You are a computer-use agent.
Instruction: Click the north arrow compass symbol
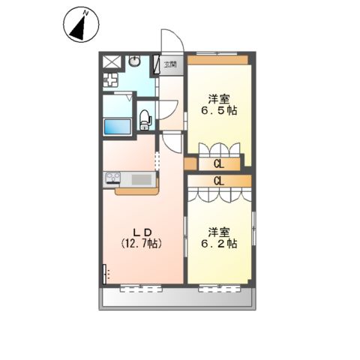click(80, 25)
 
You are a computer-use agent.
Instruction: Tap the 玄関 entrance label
click(170, 64)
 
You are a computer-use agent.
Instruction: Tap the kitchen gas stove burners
click(114, 178)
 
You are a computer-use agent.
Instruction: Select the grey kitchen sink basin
click(141, 179)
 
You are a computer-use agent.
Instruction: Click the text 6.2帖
click(218, 244)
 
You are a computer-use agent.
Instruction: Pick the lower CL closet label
click(219, 181)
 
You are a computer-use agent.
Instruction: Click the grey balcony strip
click(178, 299)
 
